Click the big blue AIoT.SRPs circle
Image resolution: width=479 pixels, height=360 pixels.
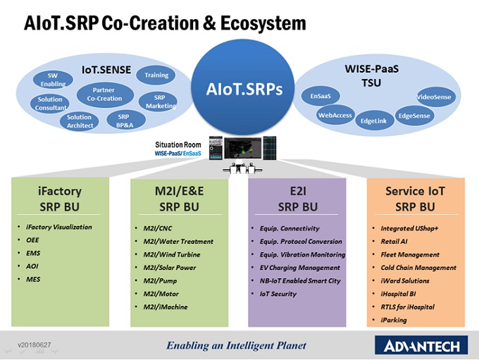coord(244,89)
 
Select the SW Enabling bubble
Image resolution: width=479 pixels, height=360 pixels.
coord(52,80)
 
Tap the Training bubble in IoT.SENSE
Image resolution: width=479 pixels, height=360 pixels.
coord(156,75)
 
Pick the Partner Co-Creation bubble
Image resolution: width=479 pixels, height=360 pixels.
coord(104,94)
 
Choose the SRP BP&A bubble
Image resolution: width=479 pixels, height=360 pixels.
coord(123,120)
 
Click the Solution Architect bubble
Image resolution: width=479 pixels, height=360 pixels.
coord(79,121)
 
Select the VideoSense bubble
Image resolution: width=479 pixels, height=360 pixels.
coord(434,97)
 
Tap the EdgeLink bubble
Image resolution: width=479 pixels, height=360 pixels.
coord(373,120)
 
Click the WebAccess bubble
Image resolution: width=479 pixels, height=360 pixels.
coord(335,115)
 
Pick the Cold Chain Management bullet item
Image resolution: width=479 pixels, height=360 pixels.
coord(418,268)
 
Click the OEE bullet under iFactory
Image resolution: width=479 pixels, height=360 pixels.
coord(32,240)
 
